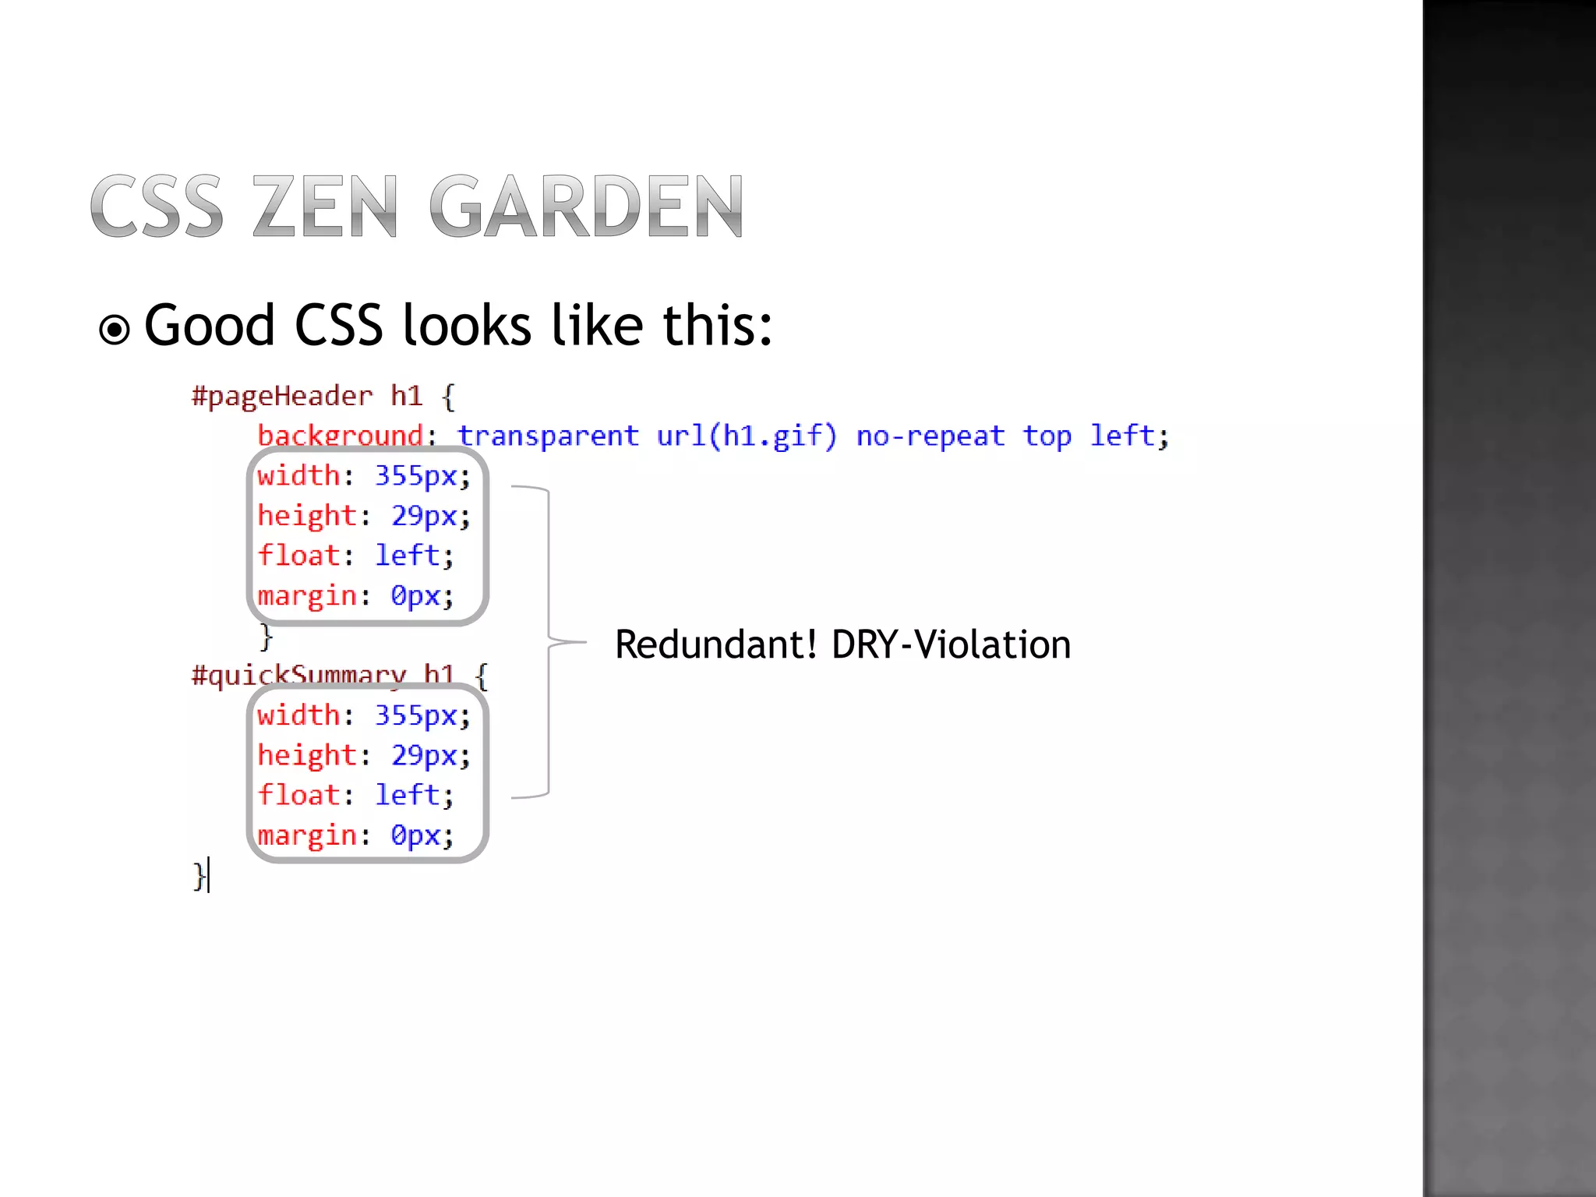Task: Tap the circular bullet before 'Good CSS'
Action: click(x=115, y=330)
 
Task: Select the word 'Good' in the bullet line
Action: click(x=210, y=326)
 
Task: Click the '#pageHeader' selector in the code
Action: click(x=282, y=397)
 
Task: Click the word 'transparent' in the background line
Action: click(x=548, y=436)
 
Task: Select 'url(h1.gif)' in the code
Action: click(x=747, y=436)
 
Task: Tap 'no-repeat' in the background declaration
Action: click(x=930, y=436)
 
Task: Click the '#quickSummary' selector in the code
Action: click(x=299, y=675)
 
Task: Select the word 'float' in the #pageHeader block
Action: click(x=299, y=556)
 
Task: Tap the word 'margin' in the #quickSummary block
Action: click(x=307, y=835)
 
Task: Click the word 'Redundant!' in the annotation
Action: click(x=715, y=644)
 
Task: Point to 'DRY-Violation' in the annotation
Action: click(x=952, y=644)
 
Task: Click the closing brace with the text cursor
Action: click(x=199, y=876)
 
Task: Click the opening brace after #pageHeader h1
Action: click(x=448, y=397)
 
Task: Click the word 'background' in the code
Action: click(x=341, y=436)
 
